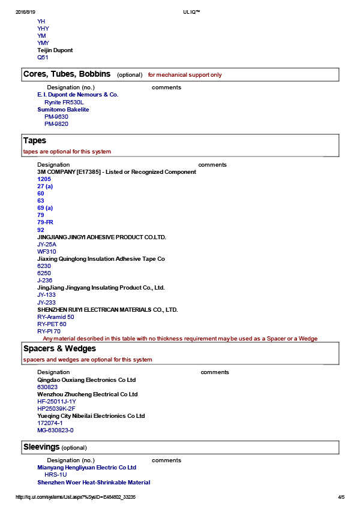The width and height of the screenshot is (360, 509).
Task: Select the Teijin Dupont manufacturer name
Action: click(x=55, y=50)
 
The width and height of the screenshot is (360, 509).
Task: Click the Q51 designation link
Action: click(x=43, y=58)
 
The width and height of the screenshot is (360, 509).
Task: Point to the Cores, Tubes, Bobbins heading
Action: click(x=67, y=74)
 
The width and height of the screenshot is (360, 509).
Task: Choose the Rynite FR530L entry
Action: click(x=64, y=103)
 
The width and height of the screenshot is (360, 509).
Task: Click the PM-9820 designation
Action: click(x=56, y=124)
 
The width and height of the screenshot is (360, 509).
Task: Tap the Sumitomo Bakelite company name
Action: click(x=63, y=110)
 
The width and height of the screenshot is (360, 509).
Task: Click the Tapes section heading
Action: click(x=35, y=141)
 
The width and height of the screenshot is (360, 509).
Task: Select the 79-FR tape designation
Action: click(x=45, y=222)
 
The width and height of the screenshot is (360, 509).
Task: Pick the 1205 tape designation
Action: click(x=44, y=179)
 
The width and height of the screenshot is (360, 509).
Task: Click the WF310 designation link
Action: click(x=47, y=252)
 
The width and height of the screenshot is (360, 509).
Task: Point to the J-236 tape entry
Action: click(x=45, y=281)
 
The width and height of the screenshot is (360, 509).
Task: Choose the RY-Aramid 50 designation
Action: click(x=56, y=317)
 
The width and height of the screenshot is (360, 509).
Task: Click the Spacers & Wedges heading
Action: click(x=59, y=349)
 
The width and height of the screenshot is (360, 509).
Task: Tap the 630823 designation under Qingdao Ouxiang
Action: click(x=47, y=387)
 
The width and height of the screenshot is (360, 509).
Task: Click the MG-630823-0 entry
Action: click(x=55, y=430)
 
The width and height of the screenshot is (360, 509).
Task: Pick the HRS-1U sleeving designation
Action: click(x=56, y=475)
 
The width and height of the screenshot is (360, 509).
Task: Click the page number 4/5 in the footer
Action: click(x=341, y=497)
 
